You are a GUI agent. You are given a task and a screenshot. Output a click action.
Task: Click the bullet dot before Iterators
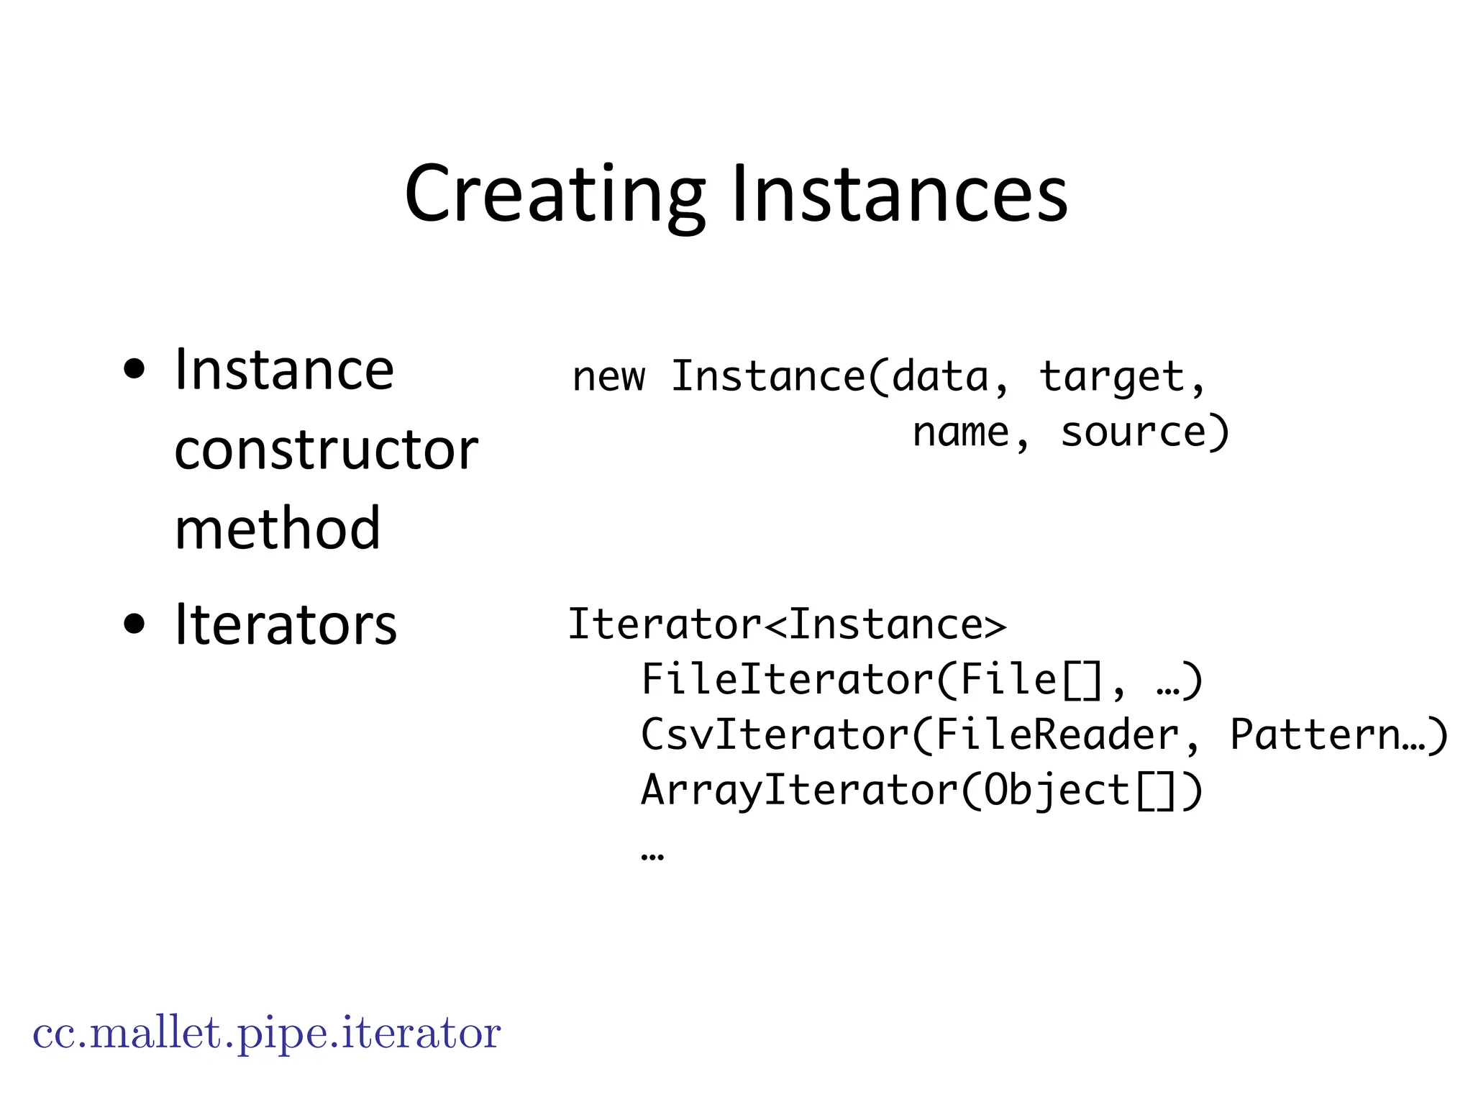[134, 624]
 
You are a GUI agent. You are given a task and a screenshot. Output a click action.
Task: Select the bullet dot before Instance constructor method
[134, 370]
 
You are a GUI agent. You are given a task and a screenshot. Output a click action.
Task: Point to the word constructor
[326, 450]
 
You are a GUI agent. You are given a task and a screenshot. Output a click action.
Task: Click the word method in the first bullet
[277, 529]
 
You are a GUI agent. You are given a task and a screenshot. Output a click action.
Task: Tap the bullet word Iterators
[286, 624]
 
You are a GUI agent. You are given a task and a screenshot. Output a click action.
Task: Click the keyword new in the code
[608, 377]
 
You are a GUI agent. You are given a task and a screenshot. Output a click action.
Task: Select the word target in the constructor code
[1112, 377]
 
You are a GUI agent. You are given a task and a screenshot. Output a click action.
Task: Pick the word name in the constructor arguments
[961, 433]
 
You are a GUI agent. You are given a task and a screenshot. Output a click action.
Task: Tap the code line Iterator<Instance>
[787, 624]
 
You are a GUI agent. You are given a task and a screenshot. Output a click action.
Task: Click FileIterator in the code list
[787, 680]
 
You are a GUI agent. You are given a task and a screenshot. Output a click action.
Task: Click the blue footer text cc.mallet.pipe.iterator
[266, 1034]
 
